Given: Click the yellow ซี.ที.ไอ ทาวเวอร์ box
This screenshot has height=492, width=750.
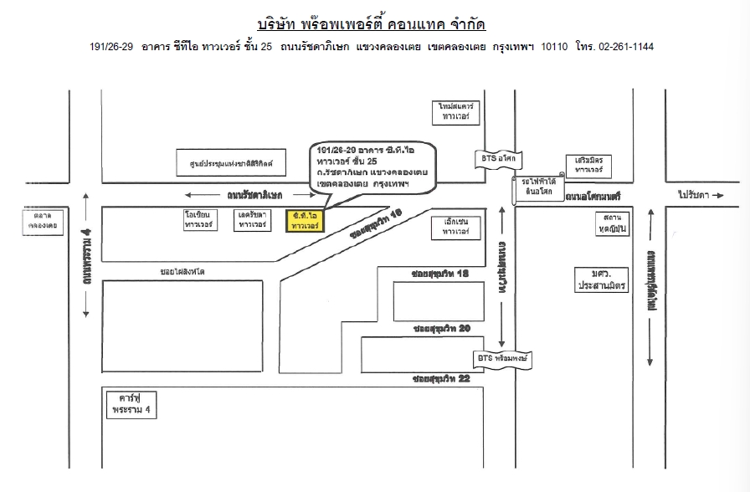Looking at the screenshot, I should [x=304, y=221].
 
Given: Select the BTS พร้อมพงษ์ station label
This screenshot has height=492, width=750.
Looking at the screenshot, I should [x=505, y=358].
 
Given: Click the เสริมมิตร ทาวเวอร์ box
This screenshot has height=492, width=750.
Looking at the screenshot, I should [x=589, y=164].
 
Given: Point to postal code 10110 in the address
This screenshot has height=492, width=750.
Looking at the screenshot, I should [x=555, y=47].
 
